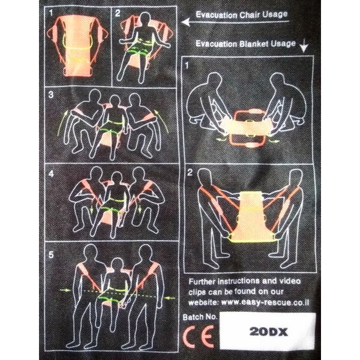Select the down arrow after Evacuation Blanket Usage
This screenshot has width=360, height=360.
(304, 46)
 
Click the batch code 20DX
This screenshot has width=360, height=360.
(268, 332)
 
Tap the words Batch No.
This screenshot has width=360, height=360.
(200, 317)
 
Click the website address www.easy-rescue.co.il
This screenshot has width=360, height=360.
(265, 302)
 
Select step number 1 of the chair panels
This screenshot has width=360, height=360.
(51, 13)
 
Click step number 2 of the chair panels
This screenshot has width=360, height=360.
(118, 13)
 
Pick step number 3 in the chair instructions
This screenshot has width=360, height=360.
(51, 95)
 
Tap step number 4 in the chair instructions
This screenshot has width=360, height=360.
(51, 173)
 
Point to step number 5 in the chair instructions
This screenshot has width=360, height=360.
(51, 255)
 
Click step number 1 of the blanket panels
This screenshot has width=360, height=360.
(187, 65)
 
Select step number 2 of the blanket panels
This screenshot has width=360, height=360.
(190, 173)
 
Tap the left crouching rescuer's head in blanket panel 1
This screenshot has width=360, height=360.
(214, 81)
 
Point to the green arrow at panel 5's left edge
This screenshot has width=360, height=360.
(65, 290)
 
